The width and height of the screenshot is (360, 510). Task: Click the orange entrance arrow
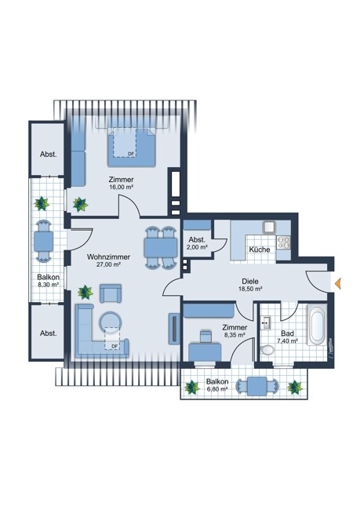[338, 283]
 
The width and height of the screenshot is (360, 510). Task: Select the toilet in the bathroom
[267, 350]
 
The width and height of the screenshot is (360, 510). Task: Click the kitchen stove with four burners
[283, 242]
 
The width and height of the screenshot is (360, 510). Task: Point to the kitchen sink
[269, 228]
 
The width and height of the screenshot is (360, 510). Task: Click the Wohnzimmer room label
[108, 257]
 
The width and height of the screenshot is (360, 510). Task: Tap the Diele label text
[250, 282]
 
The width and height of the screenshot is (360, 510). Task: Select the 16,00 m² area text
[122, 187]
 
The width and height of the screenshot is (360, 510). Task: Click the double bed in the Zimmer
[132, 148]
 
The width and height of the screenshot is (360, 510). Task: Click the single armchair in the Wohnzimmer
[111, 293]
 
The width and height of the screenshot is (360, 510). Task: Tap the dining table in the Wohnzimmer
[161, 247]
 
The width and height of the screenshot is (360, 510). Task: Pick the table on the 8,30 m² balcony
[43, 241]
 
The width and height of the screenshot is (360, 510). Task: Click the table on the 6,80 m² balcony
[257, 386]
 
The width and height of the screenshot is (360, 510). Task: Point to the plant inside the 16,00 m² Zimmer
[80, 204]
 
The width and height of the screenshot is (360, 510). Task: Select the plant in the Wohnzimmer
[85, 292]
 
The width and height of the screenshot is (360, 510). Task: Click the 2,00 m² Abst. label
[198, 243]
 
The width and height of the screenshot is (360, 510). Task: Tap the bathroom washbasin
[267, 322]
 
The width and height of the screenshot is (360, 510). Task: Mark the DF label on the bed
[131, 154]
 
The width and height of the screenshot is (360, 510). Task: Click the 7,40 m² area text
[288, 341]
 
